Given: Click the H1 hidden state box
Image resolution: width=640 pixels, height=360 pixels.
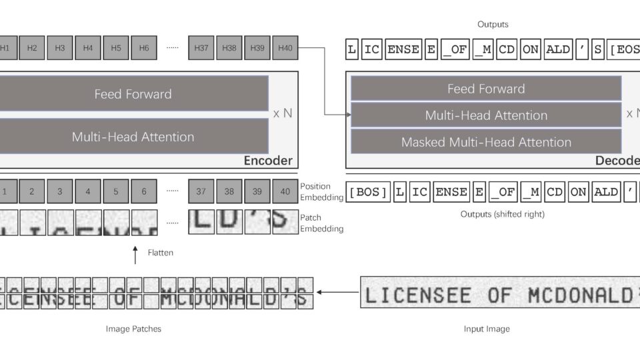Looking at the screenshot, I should [5, 48].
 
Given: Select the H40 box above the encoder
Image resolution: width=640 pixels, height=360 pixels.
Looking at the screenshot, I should [285, 48].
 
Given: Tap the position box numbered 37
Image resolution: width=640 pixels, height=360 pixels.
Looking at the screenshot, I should [201, 191].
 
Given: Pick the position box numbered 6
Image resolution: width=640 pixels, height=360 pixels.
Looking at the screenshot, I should [144, 191].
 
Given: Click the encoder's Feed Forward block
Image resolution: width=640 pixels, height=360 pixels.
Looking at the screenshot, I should [133, 94].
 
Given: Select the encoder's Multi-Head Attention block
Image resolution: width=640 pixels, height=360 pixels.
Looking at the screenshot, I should [133, 137].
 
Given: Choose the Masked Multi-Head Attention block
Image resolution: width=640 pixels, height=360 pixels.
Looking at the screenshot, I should [486, 142].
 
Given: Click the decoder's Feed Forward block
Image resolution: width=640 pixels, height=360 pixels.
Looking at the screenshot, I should [486, 89].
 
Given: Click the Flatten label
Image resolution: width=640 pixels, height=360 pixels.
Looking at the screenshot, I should [160, 253].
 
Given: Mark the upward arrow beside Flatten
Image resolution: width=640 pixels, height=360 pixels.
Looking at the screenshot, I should [135, 254].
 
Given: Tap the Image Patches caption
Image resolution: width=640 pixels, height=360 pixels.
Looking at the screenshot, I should [133, 329].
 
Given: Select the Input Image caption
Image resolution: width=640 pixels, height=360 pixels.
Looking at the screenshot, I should [487, 329].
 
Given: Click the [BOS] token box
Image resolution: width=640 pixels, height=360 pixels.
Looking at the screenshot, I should [368, 192].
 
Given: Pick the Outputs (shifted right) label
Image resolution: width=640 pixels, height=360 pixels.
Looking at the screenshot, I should [493, 214].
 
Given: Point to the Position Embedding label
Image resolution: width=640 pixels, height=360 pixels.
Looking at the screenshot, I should [322, 191].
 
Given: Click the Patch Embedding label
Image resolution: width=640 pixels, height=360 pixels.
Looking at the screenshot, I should [322, 223].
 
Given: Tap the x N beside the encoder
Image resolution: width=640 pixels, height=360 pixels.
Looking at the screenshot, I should [283, 113].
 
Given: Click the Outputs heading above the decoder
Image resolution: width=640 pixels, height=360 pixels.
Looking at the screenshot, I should [493, 25].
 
